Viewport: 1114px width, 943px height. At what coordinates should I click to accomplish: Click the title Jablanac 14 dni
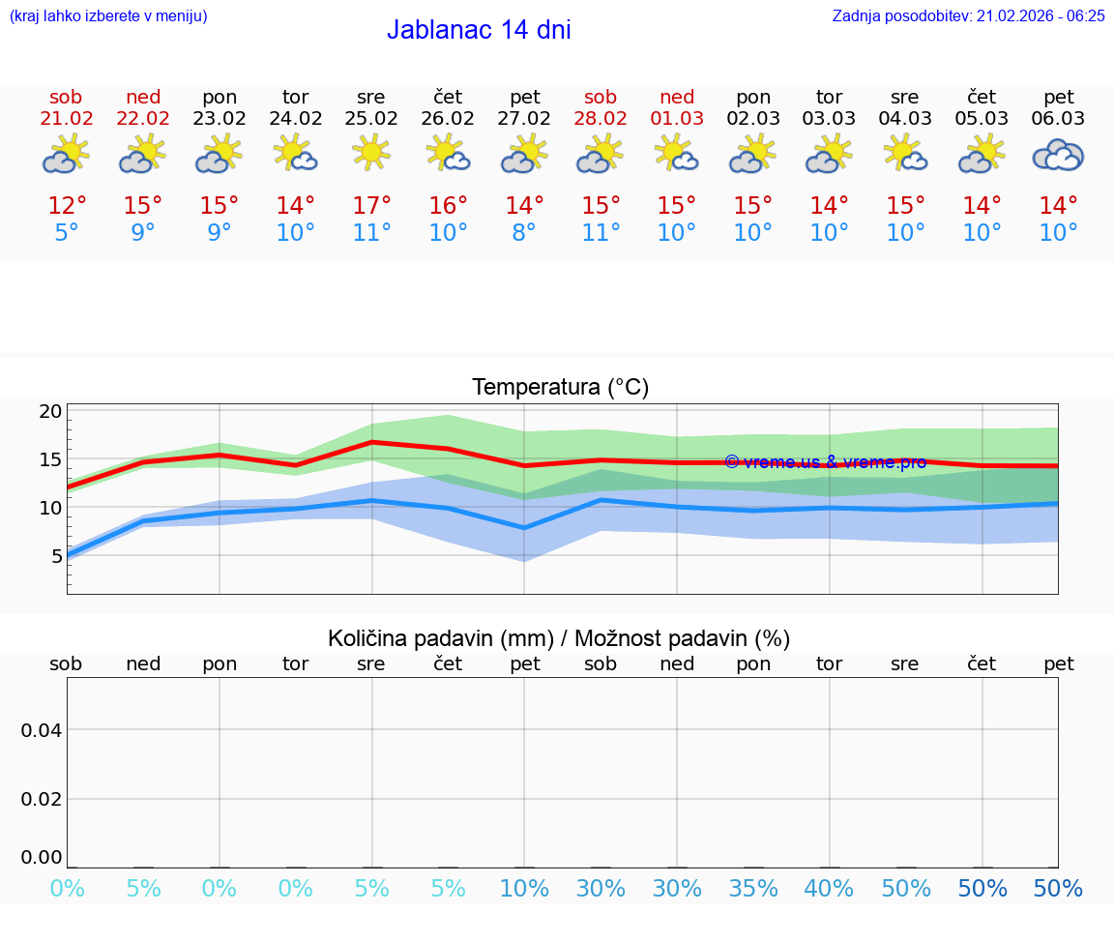479,30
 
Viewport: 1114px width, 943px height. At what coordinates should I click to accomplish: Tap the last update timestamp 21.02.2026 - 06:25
968,16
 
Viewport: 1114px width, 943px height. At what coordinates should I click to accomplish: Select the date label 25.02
371,119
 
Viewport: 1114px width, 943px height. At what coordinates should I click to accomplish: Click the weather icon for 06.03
1058,155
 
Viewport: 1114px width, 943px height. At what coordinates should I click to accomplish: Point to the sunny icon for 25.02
371,153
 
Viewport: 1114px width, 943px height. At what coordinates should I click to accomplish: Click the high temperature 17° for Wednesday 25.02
371,206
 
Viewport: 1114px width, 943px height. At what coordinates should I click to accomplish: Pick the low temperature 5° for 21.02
67,233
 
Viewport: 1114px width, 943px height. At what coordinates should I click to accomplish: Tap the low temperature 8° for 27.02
524,233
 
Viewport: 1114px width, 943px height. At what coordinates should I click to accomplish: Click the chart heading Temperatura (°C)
560,388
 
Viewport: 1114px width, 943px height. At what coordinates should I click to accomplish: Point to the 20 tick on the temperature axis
50,411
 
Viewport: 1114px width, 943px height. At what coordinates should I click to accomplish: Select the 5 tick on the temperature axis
56,555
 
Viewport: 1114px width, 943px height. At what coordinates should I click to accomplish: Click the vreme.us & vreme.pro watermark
825,462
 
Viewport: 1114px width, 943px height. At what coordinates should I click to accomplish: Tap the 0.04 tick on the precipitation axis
42,730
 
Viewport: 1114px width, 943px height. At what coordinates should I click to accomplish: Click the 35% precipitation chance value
753,889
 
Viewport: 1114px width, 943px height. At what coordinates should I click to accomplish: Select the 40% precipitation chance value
829,889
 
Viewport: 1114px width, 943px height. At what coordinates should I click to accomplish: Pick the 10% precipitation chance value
524,889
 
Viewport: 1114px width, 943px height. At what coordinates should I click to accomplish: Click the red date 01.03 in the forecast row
677,119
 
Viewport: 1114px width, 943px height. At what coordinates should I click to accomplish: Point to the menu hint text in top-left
108,16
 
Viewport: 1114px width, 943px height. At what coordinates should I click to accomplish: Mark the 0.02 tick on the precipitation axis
42,799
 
